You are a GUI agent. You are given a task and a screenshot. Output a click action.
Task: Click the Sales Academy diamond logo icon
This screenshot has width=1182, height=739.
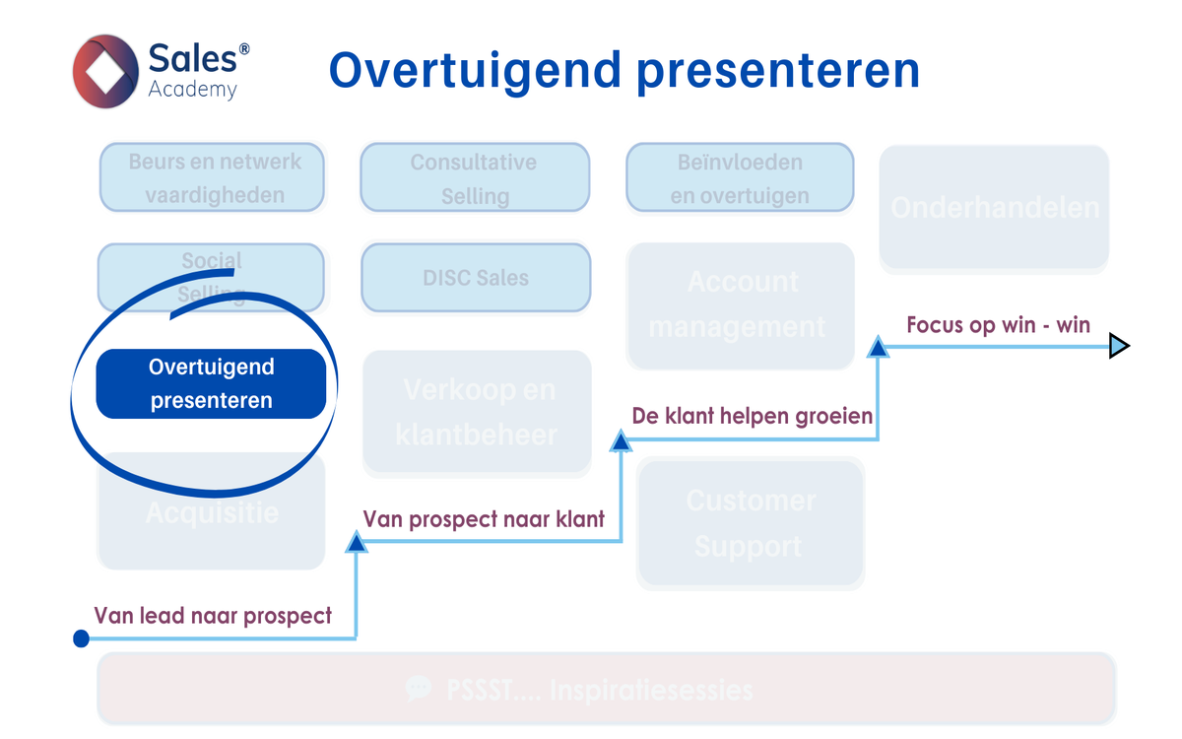(105, 71)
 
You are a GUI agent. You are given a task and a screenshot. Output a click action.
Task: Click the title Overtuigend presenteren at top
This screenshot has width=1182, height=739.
(624, 71)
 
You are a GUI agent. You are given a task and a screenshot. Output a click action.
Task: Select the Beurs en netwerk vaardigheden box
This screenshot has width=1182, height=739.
(212, 177)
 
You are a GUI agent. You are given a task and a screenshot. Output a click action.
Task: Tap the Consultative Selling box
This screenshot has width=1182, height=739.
(475, 177)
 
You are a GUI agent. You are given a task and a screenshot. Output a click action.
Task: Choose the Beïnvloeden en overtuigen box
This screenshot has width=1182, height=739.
(740, 177)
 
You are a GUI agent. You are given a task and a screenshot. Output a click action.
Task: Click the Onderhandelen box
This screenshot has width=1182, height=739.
(994, 208)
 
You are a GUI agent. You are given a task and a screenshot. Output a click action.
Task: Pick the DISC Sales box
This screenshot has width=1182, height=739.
(476, 278)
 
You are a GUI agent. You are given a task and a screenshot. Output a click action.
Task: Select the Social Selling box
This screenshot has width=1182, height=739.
(211, 277)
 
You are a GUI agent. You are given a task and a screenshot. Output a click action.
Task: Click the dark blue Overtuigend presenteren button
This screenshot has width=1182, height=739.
(211, 383)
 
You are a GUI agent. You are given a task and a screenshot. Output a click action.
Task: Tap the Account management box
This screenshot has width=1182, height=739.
(740, 305)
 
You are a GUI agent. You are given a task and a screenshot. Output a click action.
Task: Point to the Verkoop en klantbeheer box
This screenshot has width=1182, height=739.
(477, 413)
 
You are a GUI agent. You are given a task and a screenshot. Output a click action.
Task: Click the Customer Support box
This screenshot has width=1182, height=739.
(750, 523)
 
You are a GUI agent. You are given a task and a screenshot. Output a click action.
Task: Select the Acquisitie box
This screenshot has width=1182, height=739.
(211, 512)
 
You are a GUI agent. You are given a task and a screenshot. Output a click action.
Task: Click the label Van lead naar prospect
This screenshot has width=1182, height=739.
(213, 616)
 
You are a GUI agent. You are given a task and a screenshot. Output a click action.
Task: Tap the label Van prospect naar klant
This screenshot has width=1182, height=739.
(484, 518)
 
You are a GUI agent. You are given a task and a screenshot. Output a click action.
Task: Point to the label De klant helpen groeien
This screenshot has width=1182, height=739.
(753, 416)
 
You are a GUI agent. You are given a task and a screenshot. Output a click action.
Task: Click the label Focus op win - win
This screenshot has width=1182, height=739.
(998, 324)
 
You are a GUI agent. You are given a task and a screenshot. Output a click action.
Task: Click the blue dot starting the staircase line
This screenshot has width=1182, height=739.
(82, 638)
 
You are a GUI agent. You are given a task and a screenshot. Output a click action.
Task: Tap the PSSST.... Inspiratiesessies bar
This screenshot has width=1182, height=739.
(606, 689)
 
